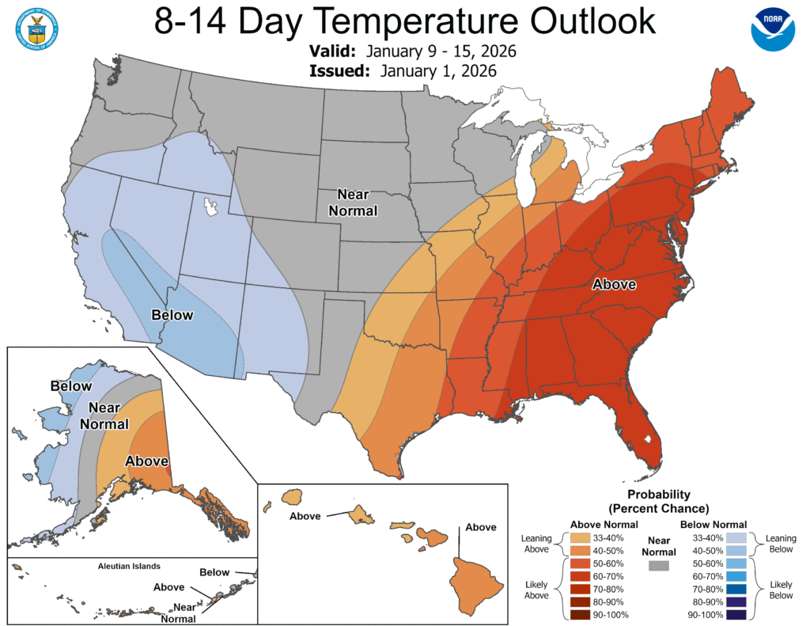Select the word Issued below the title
point(339,70)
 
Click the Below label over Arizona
point(172,315)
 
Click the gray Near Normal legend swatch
point(657,566)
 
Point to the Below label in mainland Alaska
point(66,387)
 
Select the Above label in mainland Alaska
point(146,461)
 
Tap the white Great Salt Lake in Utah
point(210,208)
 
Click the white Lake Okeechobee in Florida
point(648,438)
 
